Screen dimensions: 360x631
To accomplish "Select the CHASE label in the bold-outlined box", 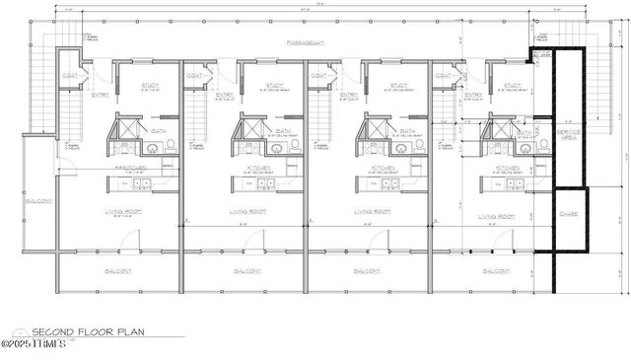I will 569,213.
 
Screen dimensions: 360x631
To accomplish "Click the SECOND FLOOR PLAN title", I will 88,332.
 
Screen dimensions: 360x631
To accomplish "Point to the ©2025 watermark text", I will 34,345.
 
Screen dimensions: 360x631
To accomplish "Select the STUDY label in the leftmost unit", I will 150,86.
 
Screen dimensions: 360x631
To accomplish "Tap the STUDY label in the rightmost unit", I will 512,86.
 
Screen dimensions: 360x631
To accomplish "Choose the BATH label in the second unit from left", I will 283,130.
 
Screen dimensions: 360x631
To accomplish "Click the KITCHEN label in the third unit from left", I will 385,169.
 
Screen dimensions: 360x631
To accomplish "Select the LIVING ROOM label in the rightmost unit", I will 498,215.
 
